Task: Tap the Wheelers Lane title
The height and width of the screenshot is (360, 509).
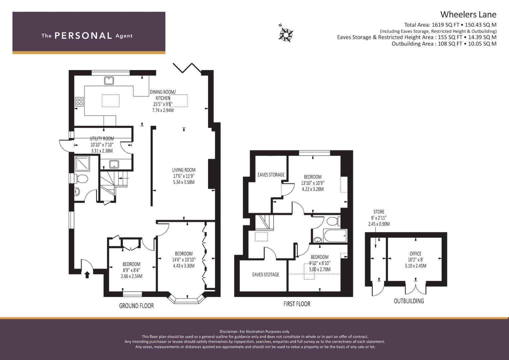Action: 468,14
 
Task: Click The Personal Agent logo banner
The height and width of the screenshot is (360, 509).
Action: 89,33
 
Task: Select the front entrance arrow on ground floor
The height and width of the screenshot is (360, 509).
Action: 87,275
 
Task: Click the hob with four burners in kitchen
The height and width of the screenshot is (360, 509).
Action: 79,101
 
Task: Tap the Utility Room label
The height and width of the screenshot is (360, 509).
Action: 102,139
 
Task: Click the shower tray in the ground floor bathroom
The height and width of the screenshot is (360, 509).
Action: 82,163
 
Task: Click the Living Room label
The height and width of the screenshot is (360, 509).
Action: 184,170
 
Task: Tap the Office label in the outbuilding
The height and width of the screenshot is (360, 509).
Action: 415,254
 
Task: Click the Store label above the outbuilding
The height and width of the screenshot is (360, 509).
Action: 379,212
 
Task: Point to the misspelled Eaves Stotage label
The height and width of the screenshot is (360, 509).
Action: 265,275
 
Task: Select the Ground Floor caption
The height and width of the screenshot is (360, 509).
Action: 136,306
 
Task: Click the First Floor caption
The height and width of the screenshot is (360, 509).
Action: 297,304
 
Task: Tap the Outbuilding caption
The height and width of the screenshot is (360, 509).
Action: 409,301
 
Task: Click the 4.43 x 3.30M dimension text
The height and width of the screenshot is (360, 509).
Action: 183,266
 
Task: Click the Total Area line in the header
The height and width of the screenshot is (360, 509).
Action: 450,25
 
